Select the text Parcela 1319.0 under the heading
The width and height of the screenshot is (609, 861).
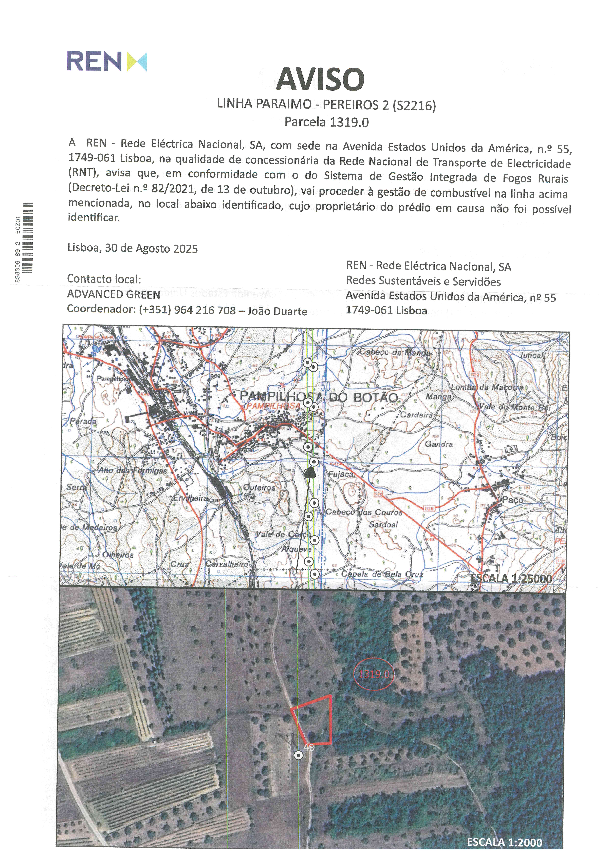click(x=326, y=122)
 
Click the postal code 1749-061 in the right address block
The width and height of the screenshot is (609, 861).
click(x=369, y=310)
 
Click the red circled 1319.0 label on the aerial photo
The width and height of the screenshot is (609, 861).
click(x=374, y=674)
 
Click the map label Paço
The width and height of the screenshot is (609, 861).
click(x=513, y=500)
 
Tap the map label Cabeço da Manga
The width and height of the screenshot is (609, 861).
click(x=395, y=353)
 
